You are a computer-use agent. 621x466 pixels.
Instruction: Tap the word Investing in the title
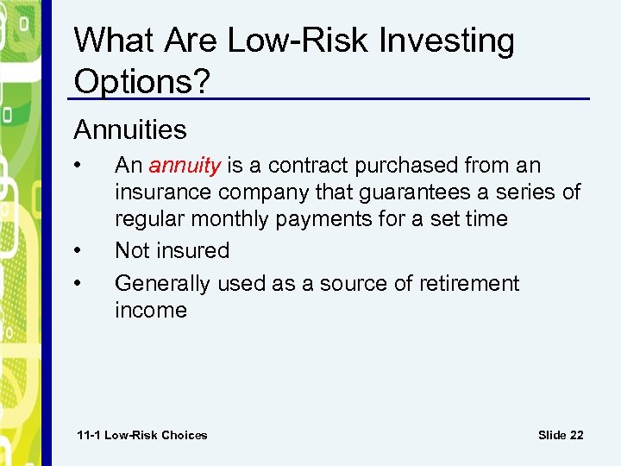point(451,41)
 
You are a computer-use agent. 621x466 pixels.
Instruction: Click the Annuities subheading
point(130,130)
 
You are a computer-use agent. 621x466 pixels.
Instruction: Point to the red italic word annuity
point(185,166)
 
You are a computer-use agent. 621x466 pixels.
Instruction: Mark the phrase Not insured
point(172,251)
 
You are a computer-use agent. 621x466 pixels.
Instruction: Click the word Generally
point(162,284)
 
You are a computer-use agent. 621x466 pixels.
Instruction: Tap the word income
point(151,310)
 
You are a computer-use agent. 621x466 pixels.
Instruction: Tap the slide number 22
point(561,435)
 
